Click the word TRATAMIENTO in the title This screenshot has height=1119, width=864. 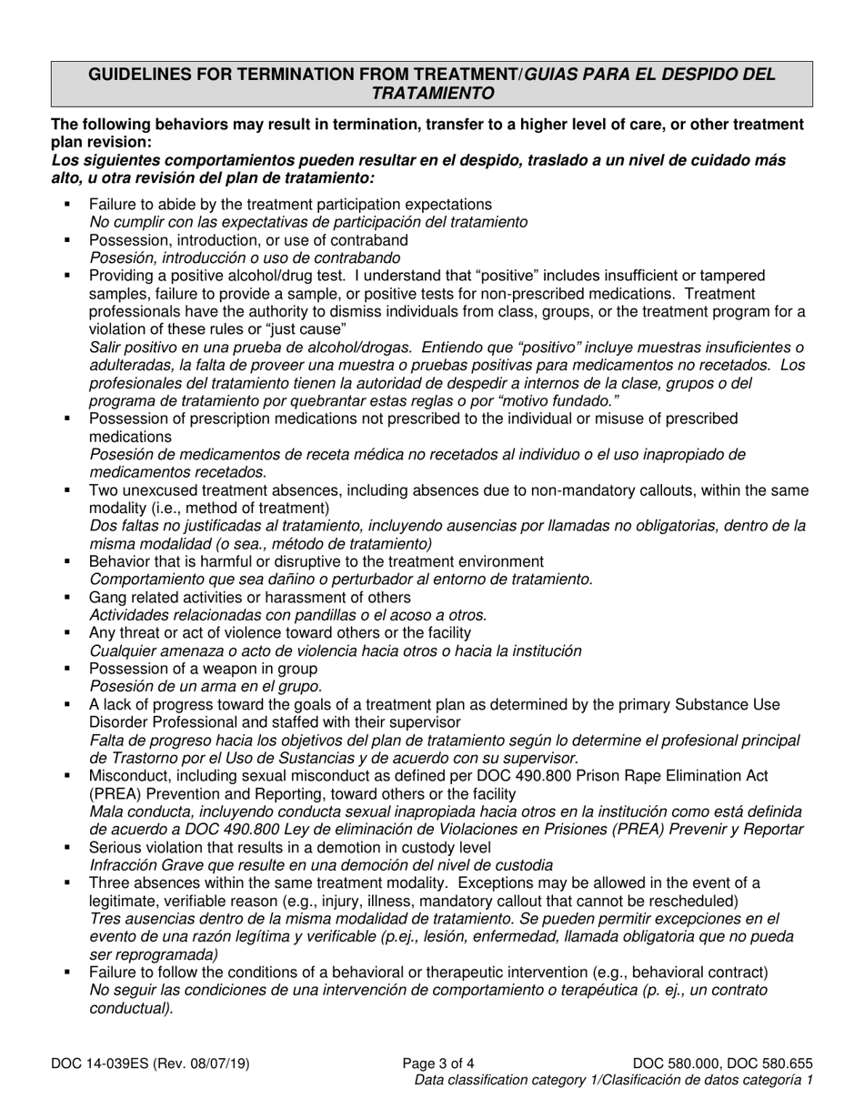tap(432, 93)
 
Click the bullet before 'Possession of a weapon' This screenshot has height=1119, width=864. tap(68, 669)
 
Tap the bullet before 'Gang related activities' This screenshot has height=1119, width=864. tap(68, 598)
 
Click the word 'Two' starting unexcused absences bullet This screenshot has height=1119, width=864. tap(103, 490)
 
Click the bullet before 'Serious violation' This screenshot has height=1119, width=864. tap(68, 847)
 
